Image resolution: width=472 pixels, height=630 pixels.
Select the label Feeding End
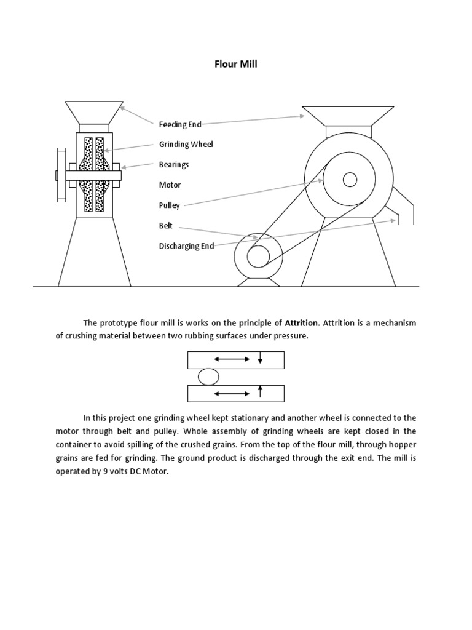point(180,124)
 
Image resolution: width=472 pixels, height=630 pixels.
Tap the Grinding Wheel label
point(186,144)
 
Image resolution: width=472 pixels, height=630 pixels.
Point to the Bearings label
point(174,164)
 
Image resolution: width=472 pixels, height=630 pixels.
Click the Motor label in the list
point(170,185)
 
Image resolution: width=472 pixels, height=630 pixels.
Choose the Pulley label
point(170,205)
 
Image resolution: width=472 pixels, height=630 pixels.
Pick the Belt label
point(166,226)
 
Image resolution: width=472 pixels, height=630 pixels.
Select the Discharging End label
point(186,246)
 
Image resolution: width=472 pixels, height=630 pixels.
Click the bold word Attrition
point(301,322)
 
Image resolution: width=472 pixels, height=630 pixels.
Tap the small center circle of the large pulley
point(350,180)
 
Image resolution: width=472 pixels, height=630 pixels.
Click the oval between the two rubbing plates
point(208,376)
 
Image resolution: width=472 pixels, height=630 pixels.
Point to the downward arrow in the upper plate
point(261,358)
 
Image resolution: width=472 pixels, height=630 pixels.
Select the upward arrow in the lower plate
point(261,392)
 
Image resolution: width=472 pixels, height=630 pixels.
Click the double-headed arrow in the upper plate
point(231,359)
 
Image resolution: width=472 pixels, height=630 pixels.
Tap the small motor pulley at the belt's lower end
point(258,255)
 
